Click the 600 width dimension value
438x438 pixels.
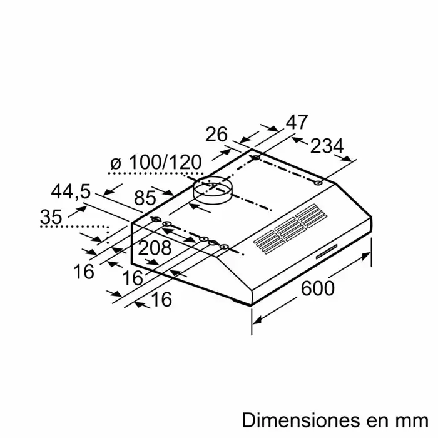click(x=318, y=288)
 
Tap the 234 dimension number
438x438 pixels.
click(x=327, y=146)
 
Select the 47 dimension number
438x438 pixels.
click(x=297, y=122)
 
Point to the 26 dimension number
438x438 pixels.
click(x=216, y=135)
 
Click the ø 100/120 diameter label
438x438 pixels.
click(x=156, y=162)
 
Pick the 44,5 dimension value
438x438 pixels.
click(x=71, y=191)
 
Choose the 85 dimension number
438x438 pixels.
click(x=145, y=198)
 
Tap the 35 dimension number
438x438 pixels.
click(x=51, y=216)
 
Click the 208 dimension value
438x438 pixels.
click(x=155, y=248)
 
